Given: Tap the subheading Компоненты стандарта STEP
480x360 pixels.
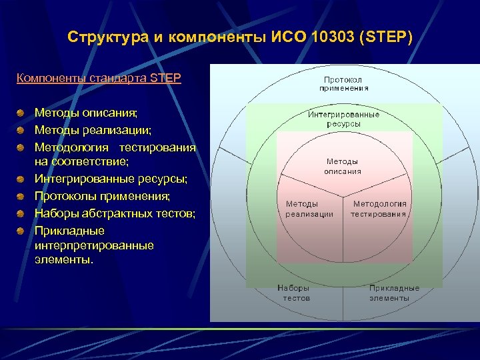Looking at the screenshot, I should [99, 78].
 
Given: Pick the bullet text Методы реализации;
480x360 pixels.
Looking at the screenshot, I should [83, 130].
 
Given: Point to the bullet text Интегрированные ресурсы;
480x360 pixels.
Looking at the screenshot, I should [111, 179].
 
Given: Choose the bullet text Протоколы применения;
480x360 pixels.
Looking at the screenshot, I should [102, 195].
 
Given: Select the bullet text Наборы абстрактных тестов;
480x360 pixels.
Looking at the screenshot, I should [115, 213].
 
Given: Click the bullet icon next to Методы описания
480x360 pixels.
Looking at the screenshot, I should [22, 114].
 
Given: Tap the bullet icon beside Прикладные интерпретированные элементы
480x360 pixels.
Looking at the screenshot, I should [22, 231].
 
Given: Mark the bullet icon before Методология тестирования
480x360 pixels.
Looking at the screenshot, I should [22, 147].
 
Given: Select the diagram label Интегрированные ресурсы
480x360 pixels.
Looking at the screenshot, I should [343, 119].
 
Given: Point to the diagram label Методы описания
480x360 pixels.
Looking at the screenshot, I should [343, 166].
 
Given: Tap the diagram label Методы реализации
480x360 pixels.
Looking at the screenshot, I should [309, 209].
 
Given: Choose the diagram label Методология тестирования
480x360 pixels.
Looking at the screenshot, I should [379, 209].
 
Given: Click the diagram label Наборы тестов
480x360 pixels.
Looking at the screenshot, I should [296, 293].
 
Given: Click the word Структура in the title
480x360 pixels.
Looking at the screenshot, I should [108, 37].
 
